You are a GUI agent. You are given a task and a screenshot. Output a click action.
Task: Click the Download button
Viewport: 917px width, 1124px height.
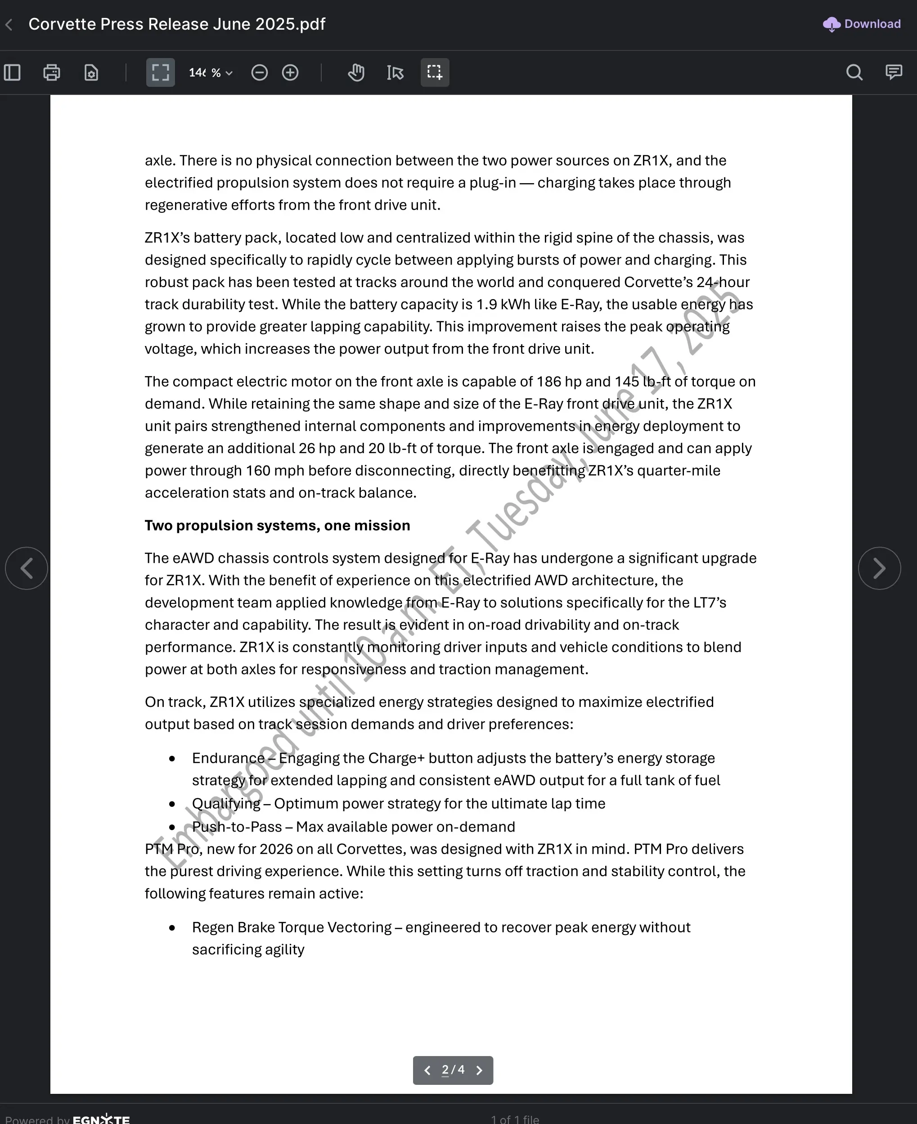[862, 24]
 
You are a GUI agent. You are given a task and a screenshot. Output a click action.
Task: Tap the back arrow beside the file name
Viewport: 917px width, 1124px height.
[9, 24]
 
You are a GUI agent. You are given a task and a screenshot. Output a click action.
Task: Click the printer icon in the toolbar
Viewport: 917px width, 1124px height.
[52, 72]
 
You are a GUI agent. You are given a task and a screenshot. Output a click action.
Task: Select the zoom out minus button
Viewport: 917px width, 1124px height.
[259, 72]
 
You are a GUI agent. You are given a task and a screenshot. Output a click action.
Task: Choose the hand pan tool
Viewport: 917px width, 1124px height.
[356, 72]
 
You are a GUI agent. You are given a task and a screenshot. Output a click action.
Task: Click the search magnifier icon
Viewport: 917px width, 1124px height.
[854, 72]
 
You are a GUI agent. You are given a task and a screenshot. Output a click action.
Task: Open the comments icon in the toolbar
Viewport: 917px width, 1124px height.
[894, 72]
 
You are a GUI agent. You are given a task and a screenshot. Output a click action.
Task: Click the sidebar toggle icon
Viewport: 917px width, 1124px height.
[12, 72]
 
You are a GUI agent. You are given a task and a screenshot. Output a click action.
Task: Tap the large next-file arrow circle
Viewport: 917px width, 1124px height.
[879, 568]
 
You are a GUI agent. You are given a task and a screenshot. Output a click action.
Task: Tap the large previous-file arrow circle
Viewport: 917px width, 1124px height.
[27, 568]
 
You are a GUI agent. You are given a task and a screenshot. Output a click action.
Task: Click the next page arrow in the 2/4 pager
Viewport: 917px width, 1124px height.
[479, 1070]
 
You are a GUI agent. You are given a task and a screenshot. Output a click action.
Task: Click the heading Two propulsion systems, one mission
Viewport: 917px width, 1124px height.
[277, 526]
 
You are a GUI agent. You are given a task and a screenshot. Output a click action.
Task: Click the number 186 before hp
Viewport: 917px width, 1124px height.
[548, 382]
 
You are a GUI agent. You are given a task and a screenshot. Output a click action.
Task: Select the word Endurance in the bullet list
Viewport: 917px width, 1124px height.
[228, 758]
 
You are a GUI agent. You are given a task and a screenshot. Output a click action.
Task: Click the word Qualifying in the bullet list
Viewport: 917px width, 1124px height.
[226, 803]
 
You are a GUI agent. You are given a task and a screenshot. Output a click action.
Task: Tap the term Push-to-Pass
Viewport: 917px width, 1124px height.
[237, 827]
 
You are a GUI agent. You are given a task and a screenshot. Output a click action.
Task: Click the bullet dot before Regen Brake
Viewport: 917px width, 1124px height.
[172, 927]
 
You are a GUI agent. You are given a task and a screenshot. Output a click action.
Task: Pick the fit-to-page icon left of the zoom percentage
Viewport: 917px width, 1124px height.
[161, 72]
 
